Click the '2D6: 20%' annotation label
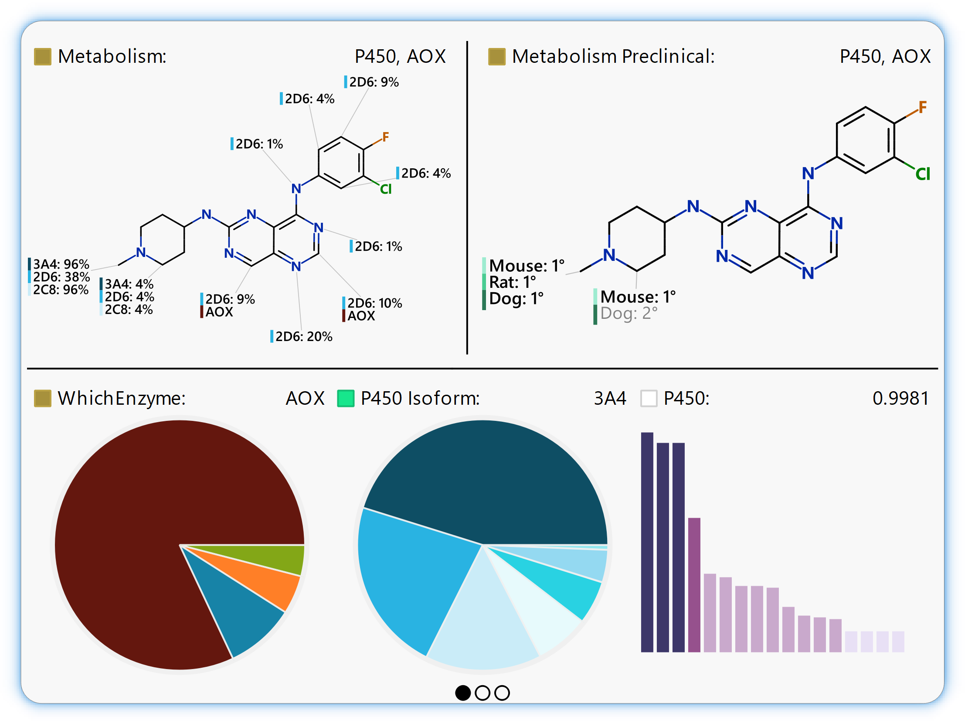point(304,336)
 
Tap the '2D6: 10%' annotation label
point(374,303)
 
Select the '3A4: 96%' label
point(61,264)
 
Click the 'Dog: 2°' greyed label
point(629,313)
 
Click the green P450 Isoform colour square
point(346,399)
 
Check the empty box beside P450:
point(649,399)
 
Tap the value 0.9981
point(900,399)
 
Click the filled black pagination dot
point(463,693)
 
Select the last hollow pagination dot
point(502,693)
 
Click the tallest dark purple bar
point(647,541)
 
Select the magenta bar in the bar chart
point(694,585)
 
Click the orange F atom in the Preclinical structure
point(922,107)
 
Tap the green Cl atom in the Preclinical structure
point(923,174)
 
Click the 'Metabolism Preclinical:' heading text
point(613,56)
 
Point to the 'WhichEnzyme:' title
point(122,399)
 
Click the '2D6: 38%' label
point(61,277)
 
